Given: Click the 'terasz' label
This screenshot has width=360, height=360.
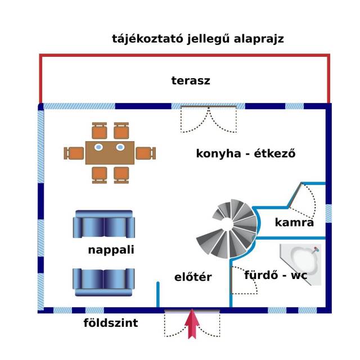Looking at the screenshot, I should pos(191,80).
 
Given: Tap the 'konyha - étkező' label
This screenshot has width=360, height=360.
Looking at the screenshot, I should pos(246,153).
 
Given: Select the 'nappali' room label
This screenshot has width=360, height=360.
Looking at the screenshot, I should pos(111,250).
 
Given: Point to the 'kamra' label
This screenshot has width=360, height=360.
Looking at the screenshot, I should pos(294,223).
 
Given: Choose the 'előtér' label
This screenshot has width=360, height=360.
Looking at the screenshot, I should pos(192,277).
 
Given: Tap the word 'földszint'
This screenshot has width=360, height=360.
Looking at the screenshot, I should pos(111,323).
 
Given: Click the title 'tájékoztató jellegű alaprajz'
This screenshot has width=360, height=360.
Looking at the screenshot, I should pos(197,39).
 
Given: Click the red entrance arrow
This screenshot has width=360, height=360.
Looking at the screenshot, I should pos(192,325).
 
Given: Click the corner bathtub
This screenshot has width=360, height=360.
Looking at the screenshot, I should pos(303,263).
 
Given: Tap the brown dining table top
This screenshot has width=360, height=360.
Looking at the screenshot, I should pos(110,152).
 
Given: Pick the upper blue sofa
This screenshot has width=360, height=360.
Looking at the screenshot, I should pos(104,225).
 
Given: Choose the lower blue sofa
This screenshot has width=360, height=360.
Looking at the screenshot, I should pos(103,281).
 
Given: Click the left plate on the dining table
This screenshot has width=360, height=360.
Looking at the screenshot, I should pos(98,147).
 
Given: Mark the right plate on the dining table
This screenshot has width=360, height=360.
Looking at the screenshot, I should pos(120,147).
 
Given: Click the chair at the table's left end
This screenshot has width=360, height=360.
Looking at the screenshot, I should pos(74,153).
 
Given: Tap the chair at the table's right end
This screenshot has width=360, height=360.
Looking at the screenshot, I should pos(145,153).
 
